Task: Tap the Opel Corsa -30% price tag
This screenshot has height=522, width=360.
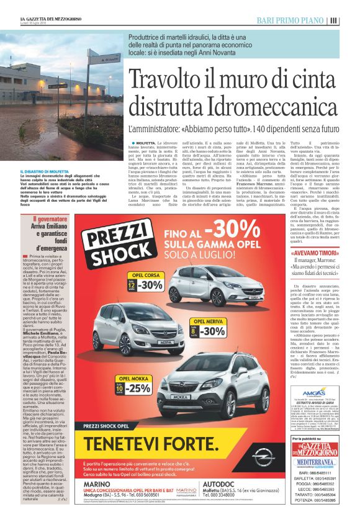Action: [x=146, y=285]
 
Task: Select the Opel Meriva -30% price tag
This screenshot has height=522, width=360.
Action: [x=204, y=330]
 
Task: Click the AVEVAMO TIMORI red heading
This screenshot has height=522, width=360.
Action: [x=314, y=253]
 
